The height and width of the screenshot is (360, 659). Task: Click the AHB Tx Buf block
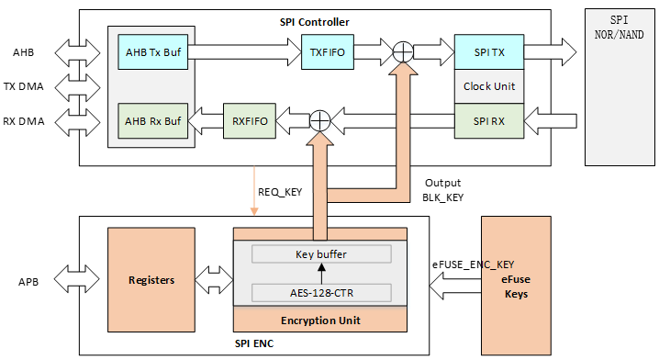pos(154,52)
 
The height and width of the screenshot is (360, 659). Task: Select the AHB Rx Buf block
pos(154,118)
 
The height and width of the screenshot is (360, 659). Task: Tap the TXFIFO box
pos(327,52)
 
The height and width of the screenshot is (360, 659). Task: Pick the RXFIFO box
pos(250,118)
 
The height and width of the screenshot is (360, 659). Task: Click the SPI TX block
pos(489,52)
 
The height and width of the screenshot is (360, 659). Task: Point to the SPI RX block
pos(489,118)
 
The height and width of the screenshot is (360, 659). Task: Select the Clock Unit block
pos(489,86)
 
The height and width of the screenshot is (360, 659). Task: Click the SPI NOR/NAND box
pos(620,87)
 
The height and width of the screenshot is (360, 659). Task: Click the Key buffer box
pos(320,254)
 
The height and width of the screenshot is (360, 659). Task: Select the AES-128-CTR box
pos(320,293)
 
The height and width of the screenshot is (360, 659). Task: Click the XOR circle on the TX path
pos(401,52)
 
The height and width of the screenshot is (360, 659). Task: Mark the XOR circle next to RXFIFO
pos(319,118)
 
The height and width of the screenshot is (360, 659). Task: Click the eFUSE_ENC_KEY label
pos(474,264)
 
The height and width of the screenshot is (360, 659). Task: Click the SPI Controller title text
pos(314,21)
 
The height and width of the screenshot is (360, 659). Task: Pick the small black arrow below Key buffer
pos(320,274)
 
